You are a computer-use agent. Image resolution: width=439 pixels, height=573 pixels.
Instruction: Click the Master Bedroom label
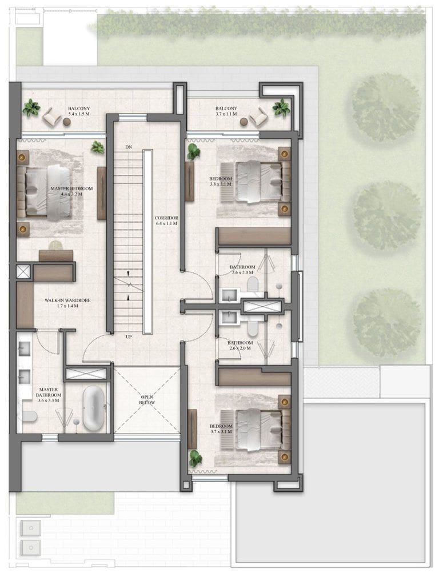(x=71, y=189)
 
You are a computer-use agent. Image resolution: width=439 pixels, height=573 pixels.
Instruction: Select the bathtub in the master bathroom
(x=94, y=408)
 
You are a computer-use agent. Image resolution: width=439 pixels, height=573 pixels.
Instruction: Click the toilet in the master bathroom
(x=30, y=416)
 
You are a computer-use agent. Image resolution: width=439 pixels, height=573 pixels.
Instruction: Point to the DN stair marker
(x=128, y=147)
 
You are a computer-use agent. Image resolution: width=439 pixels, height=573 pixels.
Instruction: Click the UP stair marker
(x=129, y=337)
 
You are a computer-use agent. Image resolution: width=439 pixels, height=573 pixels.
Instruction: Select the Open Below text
(x=147, y=400)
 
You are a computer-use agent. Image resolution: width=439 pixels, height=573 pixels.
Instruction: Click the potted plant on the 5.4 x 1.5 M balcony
(x=31, y=108)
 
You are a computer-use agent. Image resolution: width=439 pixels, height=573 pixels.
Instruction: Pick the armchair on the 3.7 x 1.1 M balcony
(x=258, y=117)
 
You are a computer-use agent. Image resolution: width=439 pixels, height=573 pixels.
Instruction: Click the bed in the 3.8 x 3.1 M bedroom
(x=259, y=181)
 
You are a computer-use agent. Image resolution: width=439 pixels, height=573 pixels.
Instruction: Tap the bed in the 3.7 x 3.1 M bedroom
(x=259, y=429)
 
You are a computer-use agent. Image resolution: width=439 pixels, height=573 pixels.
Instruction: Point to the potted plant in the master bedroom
(x=98, y=147)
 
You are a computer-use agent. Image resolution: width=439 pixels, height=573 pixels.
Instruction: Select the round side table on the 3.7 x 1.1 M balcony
(x=244, y=122)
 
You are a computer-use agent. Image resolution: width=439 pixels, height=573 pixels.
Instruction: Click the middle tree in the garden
(x=386, y=216)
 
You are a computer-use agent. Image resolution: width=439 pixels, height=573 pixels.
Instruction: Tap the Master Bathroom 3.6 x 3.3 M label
(x=49, y=395)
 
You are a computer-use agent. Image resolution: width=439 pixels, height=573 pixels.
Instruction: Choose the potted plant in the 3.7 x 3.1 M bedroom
(x=195, y=458)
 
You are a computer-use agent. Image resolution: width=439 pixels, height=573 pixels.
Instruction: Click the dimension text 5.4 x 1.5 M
(x=79, y=114)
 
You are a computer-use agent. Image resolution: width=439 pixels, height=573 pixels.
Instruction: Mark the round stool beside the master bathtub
(x=77, y=422)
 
